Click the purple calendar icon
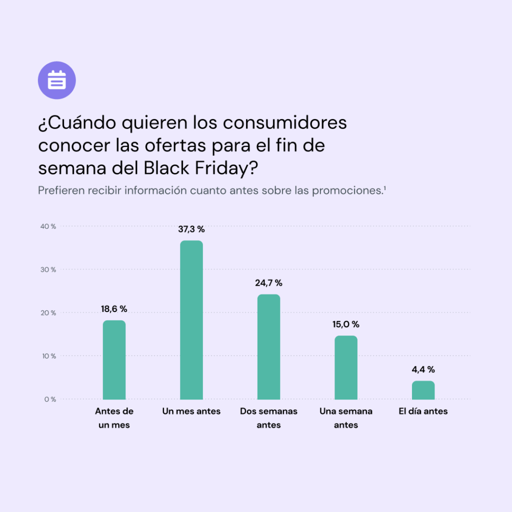[57, 80]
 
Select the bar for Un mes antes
[191, 320]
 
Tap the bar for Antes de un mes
[114, 359]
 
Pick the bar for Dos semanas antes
[269, 346]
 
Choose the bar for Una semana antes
[346, 367]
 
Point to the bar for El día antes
[423, 390]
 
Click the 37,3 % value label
[191, 229]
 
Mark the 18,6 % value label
[114, 309]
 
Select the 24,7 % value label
[269, 283]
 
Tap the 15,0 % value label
[346, 324]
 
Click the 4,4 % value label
[423, 370]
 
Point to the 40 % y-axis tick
[48, 226]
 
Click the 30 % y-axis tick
[48, 269]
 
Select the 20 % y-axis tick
[48, 313]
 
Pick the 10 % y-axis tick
[48, 356]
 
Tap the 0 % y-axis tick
[49, 399]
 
